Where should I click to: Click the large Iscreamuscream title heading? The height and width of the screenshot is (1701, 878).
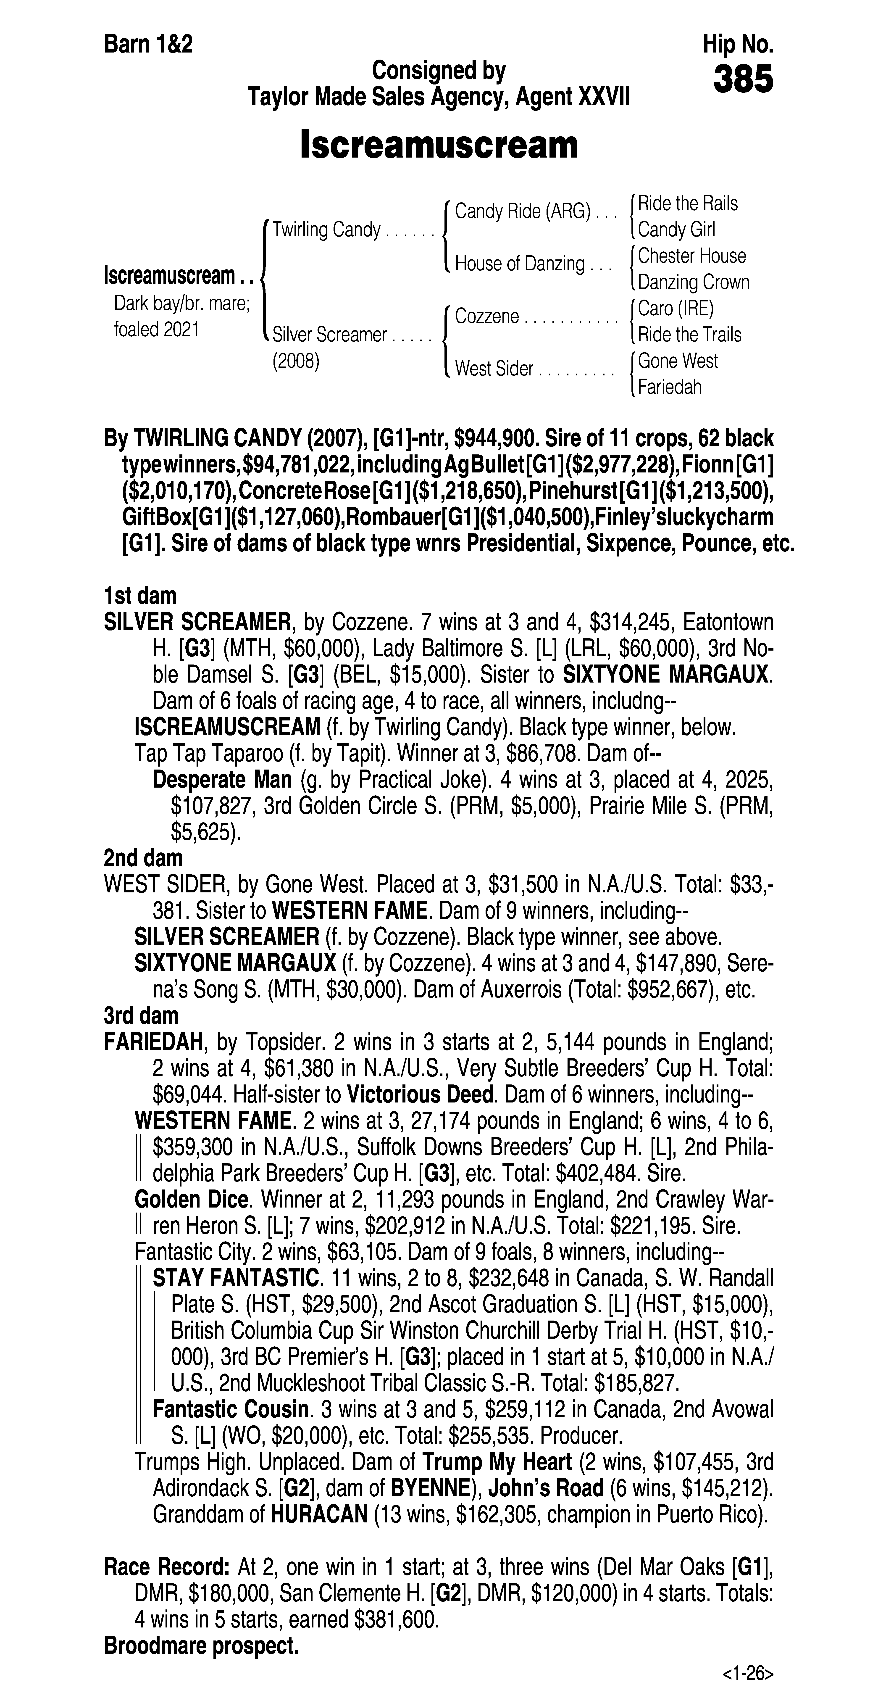click(x=439, y=145)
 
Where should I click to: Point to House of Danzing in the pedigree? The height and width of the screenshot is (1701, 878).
click(x=520, y=264)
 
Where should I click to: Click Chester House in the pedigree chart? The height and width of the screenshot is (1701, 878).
click(x=691, y=256)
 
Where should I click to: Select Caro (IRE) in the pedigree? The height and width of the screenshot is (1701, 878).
click(x=675, y=308)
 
